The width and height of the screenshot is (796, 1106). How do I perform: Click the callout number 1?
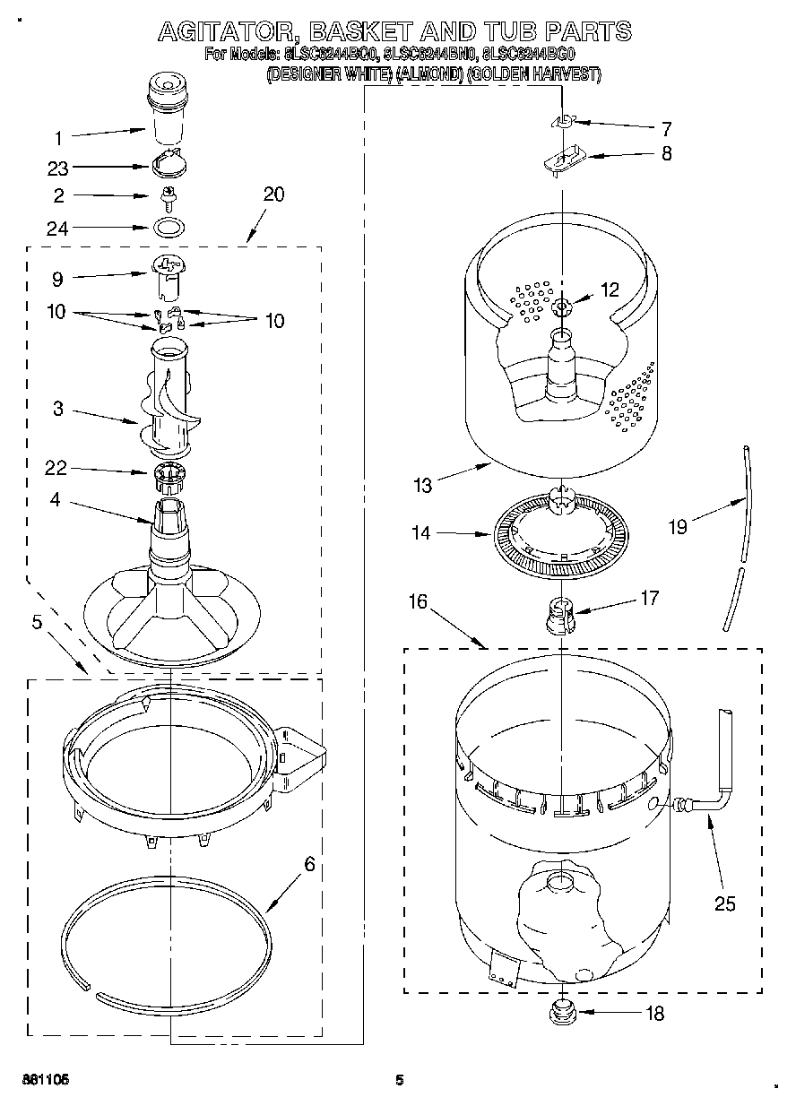[x=58, y=138]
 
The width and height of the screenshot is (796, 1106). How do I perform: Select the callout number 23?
[x=58, y=167]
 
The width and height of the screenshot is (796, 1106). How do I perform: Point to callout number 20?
[x=273, y=194]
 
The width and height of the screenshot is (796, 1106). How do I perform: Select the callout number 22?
[x=56, y=467]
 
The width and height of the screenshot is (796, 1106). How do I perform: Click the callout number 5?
[x=37, y=622]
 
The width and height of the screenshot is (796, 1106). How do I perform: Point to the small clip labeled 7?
[x=564, y=121]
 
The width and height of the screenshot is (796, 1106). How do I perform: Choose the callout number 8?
[x=666, y=153]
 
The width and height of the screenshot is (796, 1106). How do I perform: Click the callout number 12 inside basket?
[x=610, y=289]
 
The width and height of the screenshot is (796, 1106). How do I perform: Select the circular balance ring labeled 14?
[x=559, y=535]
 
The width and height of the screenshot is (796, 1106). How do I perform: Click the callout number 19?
[x=678, y=526]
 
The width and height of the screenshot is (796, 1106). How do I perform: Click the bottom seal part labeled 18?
[x=563, y=1015]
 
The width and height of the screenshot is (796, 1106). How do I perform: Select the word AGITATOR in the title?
[x=229, y=32]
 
